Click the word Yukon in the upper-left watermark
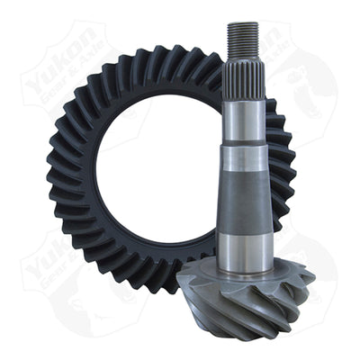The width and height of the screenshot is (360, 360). point(63,67)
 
